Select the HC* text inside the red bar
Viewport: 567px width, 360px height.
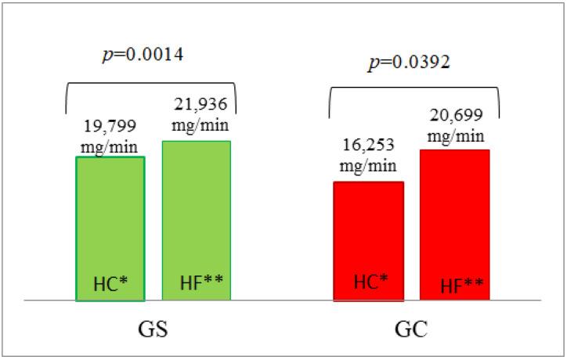(x=370, y=282)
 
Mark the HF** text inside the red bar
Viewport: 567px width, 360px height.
(x=456, y=284)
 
